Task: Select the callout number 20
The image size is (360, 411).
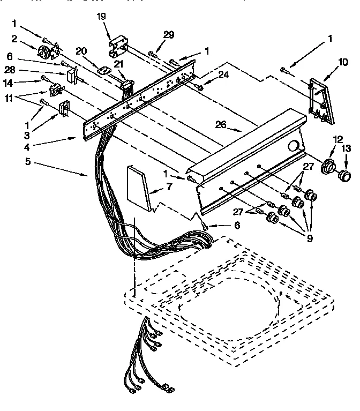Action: click(81, 51)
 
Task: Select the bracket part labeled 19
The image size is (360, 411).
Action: click(118, 47)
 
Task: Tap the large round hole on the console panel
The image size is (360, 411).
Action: click(294, 145)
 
